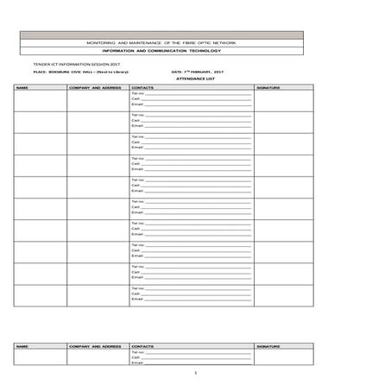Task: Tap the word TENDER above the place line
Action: pos(28,65)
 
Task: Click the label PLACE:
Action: pos(27,72)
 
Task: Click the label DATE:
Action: pos(178,72)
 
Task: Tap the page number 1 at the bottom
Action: pos(196,372)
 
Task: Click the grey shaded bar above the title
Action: pos(161,35)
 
